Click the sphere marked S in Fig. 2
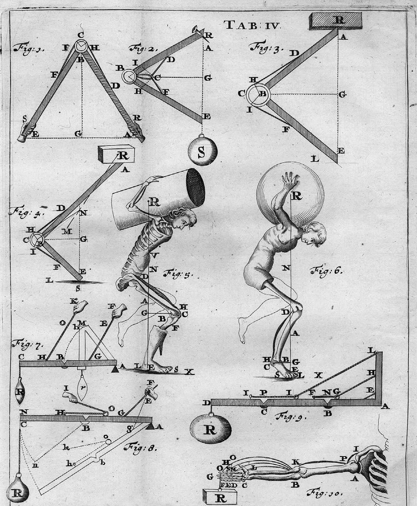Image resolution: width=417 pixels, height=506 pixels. (x=202, y=152)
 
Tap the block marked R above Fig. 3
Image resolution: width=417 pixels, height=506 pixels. (x=336, y=20)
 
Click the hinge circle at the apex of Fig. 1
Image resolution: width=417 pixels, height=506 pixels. (x=81, y=46)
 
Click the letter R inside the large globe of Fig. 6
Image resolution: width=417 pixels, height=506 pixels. (x=297, y=195)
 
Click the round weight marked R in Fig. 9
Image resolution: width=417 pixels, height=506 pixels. (x=210, y=428)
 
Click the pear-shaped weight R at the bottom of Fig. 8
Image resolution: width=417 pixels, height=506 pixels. (x=18, y=491)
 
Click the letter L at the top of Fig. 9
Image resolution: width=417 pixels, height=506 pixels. (x=371, y=351)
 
